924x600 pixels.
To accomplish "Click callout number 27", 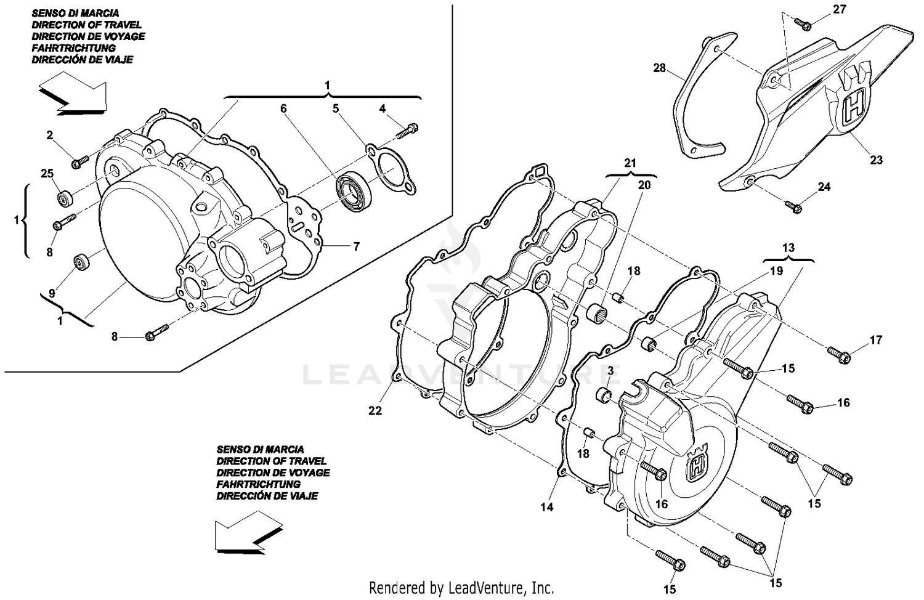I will coord(840,9).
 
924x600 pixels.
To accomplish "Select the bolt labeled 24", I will coord(795,207).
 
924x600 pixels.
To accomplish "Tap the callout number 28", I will coord(660,68).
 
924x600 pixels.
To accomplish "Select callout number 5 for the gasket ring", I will coord(336,108).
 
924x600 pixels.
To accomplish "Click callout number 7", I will coord(356,246).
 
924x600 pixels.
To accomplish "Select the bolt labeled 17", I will coord(840,354).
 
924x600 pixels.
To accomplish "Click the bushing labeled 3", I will coord(604,394).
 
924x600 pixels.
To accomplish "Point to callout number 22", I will coord(375,411).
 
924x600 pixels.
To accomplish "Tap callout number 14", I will coord(547,507).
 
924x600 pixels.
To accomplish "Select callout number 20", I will coord(644,185).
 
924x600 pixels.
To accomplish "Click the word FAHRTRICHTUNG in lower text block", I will coord(258,484).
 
